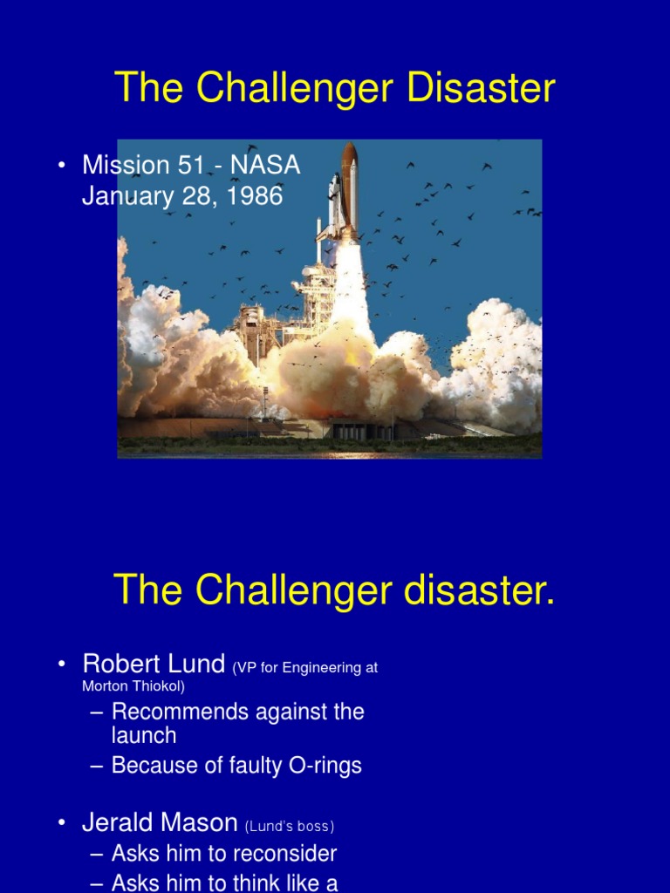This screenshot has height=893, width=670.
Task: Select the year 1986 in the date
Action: pos(254,196)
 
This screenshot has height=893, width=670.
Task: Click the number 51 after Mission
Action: pos(187,165)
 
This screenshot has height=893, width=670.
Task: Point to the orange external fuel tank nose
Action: pos(349,157)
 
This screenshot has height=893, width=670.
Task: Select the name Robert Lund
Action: pos(154,664)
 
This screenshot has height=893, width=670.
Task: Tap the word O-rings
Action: pos(325,766)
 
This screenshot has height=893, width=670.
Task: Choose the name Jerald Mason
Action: pos(160,822)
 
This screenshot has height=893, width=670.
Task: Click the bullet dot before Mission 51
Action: pos(63,166)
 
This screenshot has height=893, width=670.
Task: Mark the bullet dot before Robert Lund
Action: pos(63,665)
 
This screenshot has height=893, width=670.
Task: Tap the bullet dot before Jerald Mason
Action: pos(63,823)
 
